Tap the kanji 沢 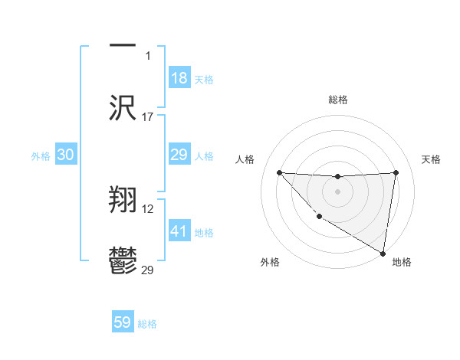(x=123, y=107)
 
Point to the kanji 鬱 (x=123, y=260)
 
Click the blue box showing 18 (x=179, y=78)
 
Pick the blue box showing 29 (x=179, y=155)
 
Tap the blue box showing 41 (x=179, y=231)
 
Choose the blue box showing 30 (x=66, y=155)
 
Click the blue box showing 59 (x=123, y=322)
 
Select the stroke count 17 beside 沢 (x=148, y=117)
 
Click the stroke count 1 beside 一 (x=148, y=56)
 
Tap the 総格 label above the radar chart (x=337, y=100)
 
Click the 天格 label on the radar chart (x=431, y=159)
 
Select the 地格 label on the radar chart (x=402, y=262)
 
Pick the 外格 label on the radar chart (x=270, y=262)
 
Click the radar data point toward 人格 (x=279, y=172)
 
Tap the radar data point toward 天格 (x=396, y=172)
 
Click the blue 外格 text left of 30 (x=41, y=156)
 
